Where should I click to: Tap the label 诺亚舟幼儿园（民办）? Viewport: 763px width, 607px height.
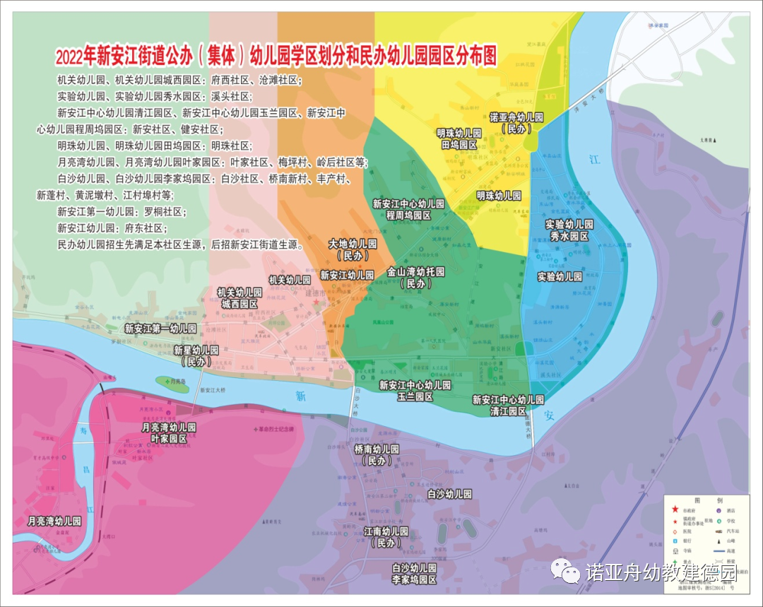pyautogui.click(x=516, y=123)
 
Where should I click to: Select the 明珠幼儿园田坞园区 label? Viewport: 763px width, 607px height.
pyautogui.click(x=459, y=139)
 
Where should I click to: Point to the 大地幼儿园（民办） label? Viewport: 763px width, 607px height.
pyautogui.click(x=353, y=249)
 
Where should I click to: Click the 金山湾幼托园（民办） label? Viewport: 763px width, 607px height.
pyautogui.click(x=415, y=278)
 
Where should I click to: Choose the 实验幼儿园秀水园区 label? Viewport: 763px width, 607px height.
pyautogui.click(x=569, y=230)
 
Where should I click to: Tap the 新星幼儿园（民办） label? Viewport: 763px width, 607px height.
pyautogui.click(x=196, y=355)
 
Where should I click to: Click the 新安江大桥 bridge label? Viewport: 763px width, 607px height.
pyautogui.click(x=212, y=389)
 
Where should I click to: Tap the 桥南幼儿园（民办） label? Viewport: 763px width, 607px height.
pyautogui.click(x=376, y=454)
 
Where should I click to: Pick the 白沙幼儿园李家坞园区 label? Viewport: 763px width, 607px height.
pyautogui.click(x=415, y=574)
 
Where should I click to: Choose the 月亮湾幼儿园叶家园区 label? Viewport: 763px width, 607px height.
pyautogui.click(x=168, y=433)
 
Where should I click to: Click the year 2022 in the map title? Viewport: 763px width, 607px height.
pyautogui.click(x=70, y=54)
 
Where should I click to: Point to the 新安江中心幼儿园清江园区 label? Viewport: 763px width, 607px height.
pyautogui.click(x=508, y=405)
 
